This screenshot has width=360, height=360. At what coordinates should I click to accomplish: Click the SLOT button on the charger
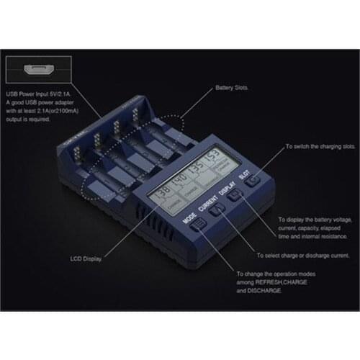[x=252, y=183]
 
